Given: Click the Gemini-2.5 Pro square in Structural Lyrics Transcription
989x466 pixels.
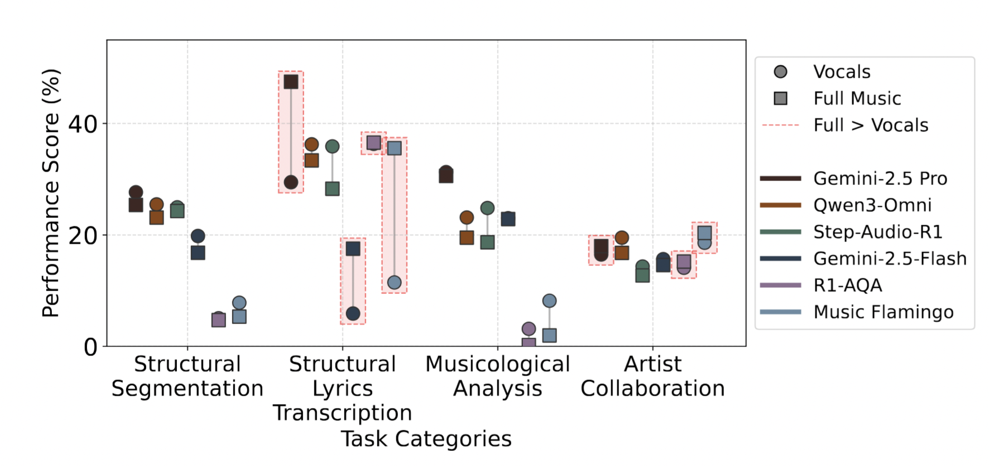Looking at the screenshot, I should coord(291,82).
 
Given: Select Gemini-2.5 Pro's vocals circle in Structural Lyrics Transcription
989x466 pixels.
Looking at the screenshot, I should coord(291,182).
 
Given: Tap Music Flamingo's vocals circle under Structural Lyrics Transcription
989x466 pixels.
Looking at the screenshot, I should coord(394,283).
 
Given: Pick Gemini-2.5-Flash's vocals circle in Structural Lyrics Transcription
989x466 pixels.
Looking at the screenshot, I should coord(353,313).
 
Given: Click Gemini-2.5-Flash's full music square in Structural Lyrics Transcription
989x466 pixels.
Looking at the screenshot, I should coord(353,249).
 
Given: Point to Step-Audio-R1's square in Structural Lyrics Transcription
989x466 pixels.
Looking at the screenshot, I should coord(332,189).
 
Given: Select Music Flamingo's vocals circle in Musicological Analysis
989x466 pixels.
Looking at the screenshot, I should coord(549,301).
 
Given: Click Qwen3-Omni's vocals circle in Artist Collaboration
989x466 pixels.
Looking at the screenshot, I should coord(622,238).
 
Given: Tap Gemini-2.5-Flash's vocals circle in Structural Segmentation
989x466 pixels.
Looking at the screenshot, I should coord(198,236).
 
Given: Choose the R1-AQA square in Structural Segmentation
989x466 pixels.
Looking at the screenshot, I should coord(218,320).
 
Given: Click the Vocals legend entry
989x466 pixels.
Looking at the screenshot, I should coord(842,72).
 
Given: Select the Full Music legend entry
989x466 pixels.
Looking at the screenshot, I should coord(857,98).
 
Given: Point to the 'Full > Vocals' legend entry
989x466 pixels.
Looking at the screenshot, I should coord(871,125).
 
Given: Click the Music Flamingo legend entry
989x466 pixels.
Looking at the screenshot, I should coord(883,312).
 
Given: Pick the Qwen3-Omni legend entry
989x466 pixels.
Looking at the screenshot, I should coord(872,205).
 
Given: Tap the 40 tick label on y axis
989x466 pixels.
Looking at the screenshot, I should coord(83,124).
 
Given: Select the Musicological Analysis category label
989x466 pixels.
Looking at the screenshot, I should coord(497,376).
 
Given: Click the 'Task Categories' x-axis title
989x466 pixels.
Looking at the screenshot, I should coord(426,439).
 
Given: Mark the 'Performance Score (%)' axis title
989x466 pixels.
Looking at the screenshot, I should coord(51,193).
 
